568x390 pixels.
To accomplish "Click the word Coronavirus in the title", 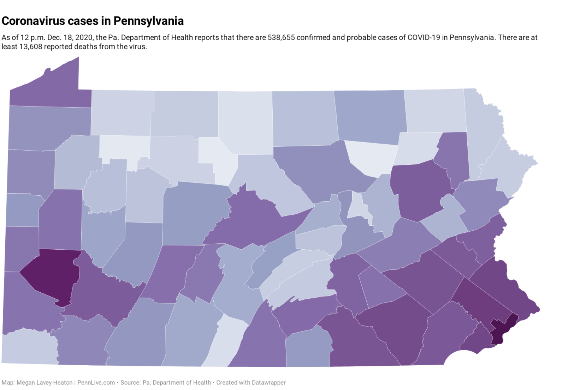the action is pyautogui.click(x=33, y=21).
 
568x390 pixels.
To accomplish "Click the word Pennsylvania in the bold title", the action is pyautogui.click(x=148, y=22).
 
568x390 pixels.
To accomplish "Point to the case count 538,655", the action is pyautogui.click(x=281, y=37).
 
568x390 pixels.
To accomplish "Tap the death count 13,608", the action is pyautogui.click(x=30, y=47).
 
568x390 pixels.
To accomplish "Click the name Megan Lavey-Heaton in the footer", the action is pyautogui.click(x=45, y=382).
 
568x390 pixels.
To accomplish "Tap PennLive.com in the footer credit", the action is pyautogui.click(x=96, y=382).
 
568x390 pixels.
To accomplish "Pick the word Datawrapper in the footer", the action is pyautogui.click(x=269, y=382).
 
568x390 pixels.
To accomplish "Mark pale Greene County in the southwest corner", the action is pyautogui.click(x=29, y=347).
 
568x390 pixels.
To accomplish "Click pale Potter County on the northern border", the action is pyautogui.click(x=245, y=122).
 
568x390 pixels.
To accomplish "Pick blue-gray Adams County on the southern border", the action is pyautogui.click(x=308, y=347).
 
